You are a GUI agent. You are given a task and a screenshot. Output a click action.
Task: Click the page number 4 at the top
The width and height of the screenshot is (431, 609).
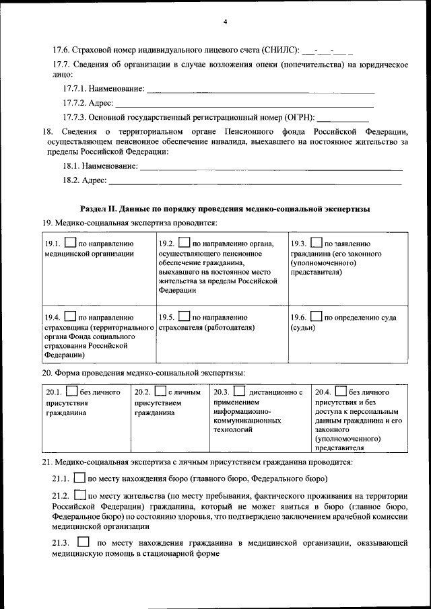point(226,22)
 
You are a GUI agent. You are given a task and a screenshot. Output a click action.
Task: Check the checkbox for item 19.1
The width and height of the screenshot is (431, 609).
point(71,244)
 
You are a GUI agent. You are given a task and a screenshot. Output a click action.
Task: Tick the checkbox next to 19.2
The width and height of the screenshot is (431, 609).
point(184,244)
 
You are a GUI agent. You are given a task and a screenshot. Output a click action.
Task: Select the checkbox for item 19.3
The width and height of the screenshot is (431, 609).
point(316,244)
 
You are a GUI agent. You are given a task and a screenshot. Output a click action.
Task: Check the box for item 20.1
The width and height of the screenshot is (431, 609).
point(71,391)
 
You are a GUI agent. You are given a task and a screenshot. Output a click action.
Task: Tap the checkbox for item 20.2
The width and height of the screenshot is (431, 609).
point(160,391)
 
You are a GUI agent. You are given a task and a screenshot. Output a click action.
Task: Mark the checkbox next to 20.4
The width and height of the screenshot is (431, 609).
point(340,391)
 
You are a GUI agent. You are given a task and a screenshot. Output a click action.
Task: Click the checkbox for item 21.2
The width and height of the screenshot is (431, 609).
point(79,496)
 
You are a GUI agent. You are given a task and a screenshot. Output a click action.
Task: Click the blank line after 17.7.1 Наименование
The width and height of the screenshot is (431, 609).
point(260,89)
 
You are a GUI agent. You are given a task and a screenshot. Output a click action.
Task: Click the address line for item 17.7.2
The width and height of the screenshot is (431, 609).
point(244,104)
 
